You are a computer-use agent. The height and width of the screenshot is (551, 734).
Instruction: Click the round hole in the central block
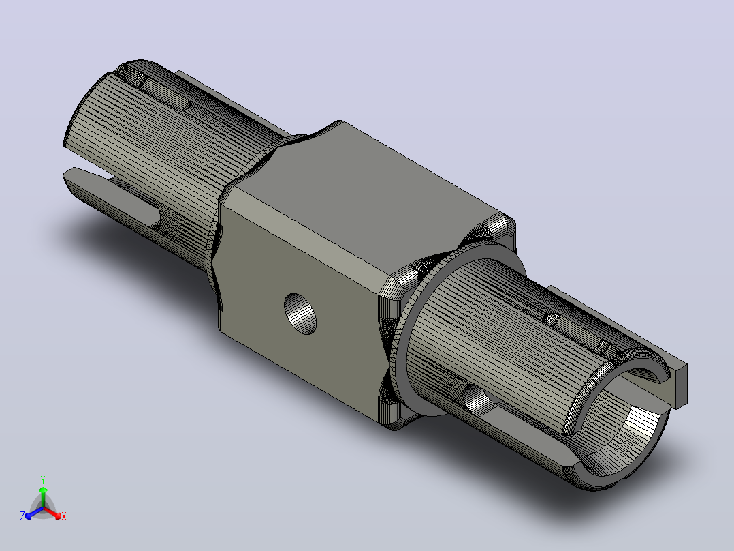pyautogui.click(x=300, y=314)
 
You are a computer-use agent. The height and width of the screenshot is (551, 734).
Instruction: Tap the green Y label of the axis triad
pyautogui.click(x=43, y=479)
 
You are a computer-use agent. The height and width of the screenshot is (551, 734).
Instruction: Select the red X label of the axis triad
pyautogui.click(x=64, y=516)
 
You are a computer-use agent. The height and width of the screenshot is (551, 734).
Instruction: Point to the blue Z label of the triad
pyautogui.click(x=22, y=516)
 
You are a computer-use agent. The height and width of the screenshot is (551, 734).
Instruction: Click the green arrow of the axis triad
pyautogui.click(x=43, y=496)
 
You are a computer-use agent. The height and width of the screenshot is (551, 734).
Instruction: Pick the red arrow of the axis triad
pyautogui.click(x=52, y=513)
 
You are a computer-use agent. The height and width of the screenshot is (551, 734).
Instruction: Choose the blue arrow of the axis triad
pyautogui.click(x=34, y=513)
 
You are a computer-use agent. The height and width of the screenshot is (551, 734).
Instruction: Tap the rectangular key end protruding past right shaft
pyautogui.click(x=679, y=385)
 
